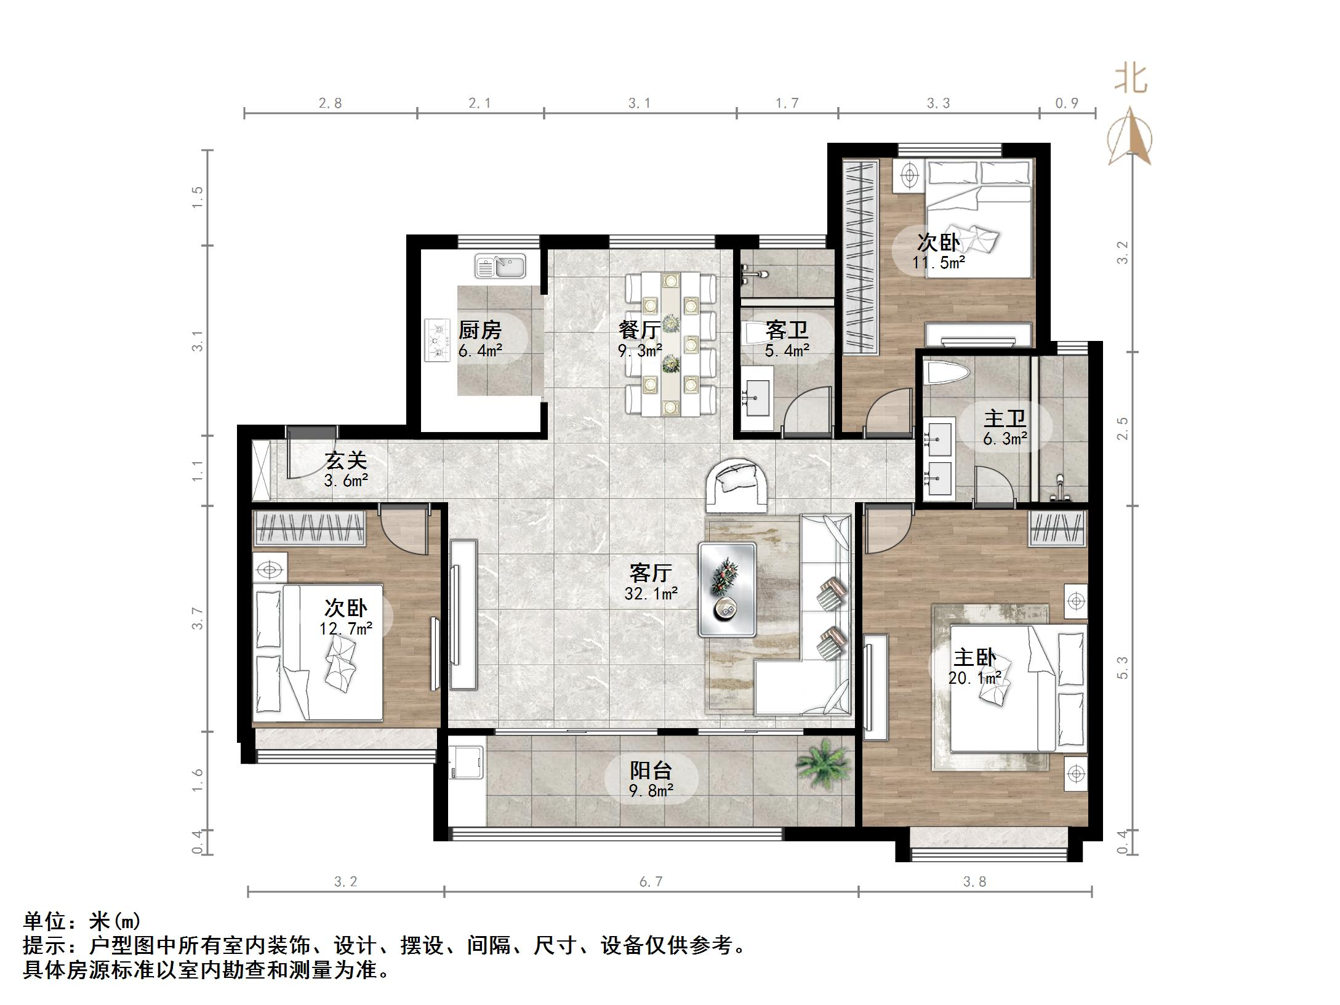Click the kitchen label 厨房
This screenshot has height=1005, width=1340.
479,330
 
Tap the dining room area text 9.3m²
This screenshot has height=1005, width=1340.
640,351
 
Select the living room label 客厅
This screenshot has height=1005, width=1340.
651,573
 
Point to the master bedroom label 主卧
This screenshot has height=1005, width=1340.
975,658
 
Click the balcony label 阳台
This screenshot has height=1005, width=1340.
651,770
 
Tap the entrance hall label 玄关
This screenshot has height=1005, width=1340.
346,460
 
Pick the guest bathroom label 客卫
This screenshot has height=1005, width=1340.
787,330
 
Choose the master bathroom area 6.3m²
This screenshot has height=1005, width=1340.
1005,439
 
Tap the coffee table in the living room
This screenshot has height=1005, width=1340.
727,589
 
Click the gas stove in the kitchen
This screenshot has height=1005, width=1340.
437,339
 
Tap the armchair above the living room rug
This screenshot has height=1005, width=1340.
737,485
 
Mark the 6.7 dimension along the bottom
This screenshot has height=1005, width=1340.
651,882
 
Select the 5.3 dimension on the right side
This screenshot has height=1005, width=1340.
1123,667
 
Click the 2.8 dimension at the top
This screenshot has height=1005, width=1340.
330,103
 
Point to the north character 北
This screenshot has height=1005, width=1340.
1131,79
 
